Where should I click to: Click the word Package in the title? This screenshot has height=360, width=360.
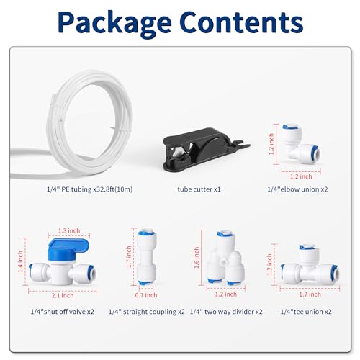(114, 23)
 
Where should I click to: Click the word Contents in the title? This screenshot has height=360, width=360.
(241, 22)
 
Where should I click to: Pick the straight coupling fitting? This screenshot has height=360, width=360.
(147, 257)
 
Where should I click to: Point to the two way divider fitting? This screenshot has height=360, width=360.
(225, 258)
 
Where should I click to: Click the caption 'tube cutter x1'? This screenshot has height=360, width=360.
(199, 189)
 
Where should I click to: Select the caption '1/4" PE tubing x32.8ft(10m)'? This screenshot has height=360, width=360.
(89, 189)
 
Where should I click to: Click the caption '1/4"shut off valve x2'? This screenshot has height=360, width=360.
(63, 312)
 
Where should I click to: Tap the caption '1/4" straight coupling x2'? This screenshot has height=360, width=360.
(147, 312)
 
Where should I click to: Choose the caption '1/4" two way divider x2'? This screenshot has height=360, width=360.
(226, 312)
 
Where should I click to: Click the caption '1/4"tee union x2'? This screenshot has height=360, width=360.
(306, 312)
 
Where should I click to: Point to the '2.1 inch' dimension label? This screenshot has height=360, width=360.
(63, 295)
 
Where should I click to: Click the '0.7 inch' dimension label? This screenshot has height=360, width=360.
(146, 295)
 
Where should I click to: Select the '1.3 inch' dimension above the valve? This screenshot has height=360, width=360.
(69, 230)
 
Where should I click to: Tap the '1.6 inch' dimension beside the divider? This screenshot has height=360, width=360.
(197, 258)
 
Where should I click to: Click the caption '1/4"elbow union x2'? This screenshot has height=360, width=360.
(297, 189)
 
